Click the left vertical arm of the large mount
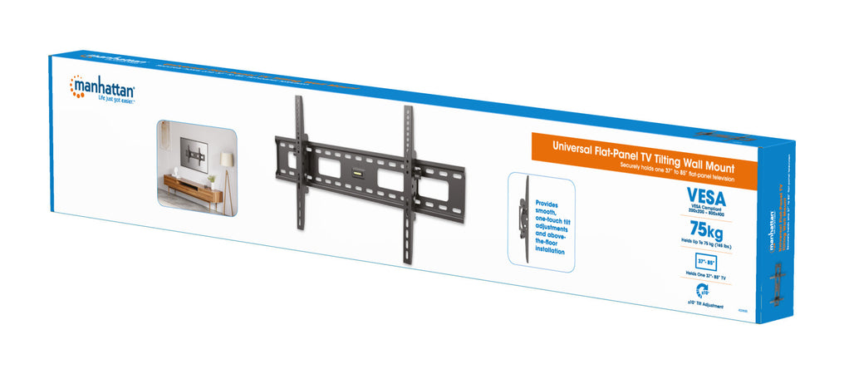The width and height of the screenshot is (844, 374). click(301, 166)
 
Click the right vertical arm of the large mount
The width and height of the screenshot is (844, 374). click(408, 183)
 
